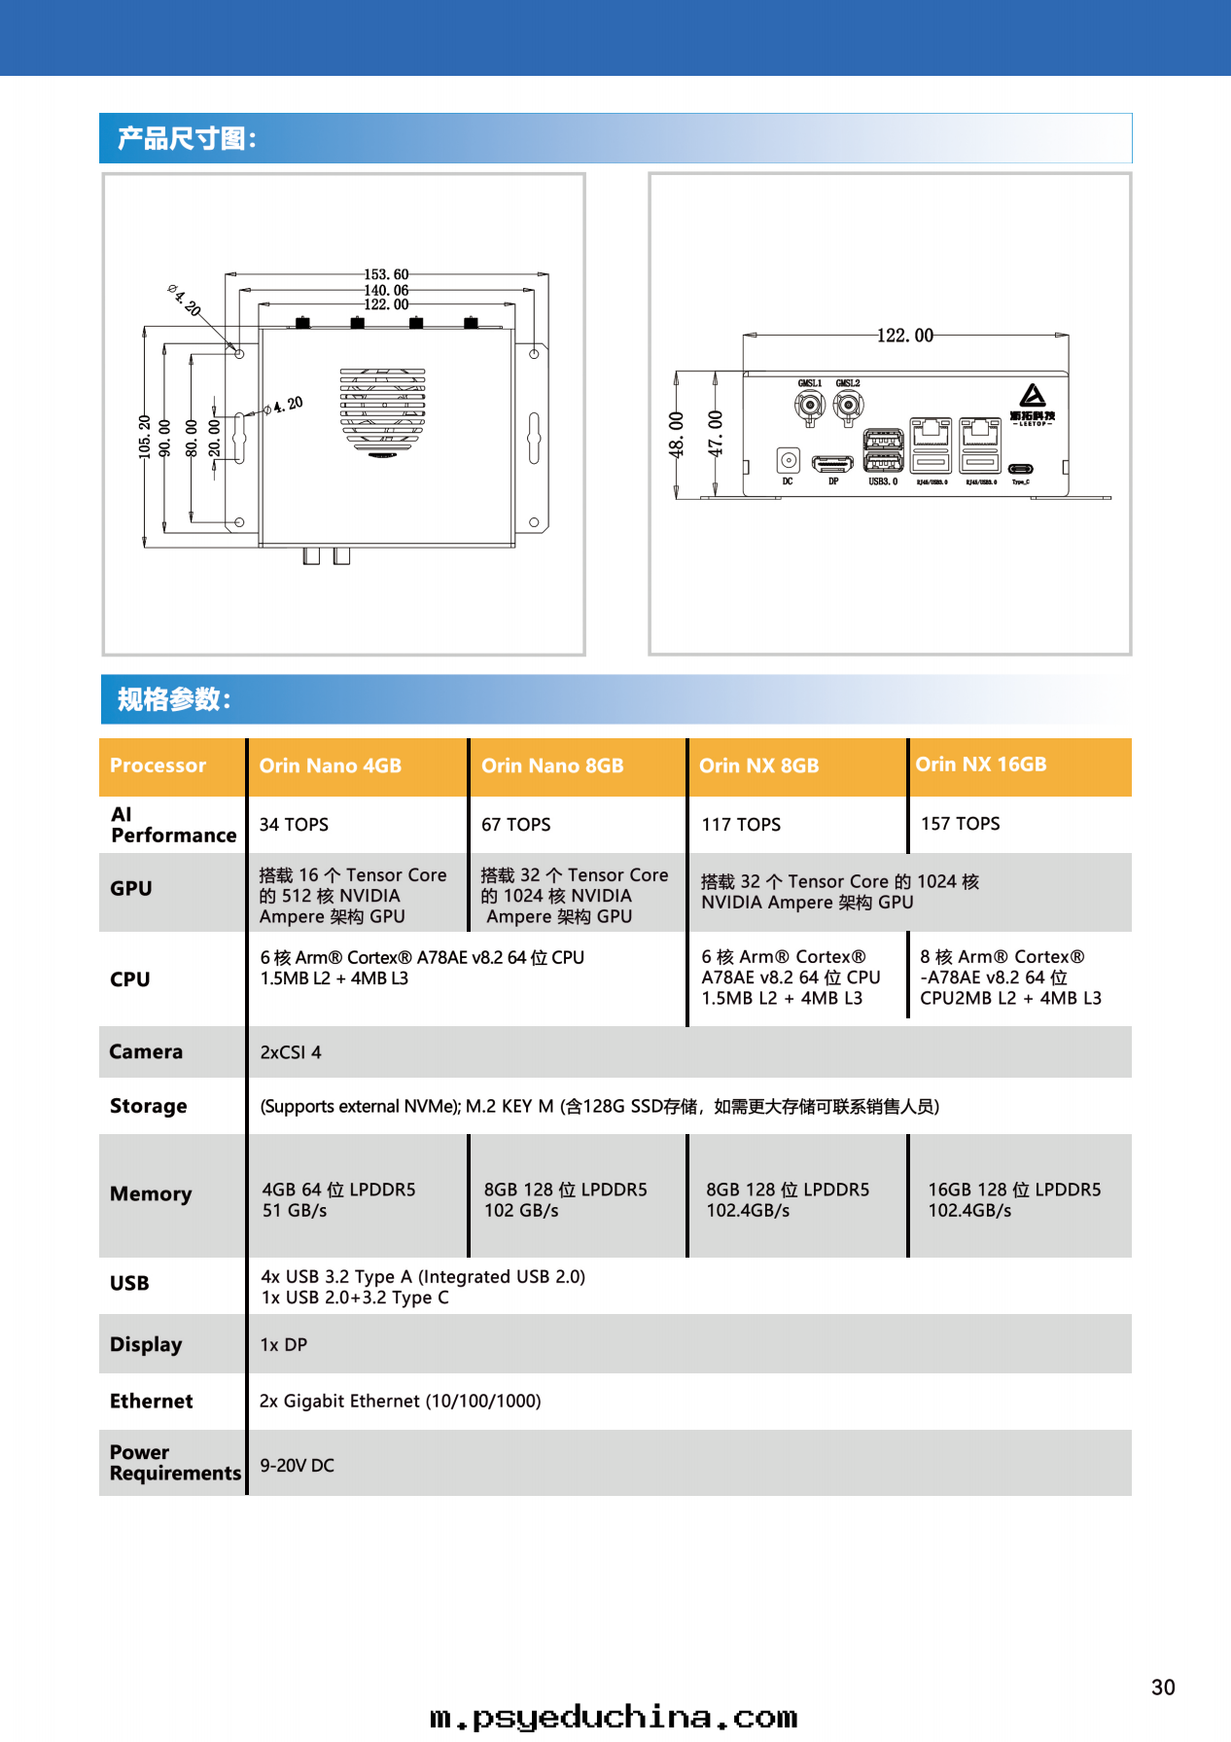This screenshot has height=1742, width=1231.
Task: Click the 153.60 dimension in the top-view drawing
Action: tap(386, 274)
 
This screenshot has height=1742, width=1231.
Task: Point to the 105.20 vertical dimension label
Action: tap(145, 437)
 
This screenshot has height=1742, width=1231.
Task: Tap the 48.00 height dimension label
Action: tap(677, 434)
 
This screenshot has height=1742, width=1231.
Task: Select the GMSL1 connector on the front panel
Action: tap(809, 406)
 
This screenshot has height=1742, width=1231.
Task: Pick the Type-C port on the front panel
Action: tap(1020, 469)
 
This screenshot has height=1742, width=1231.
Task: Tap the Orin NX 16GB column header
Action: tap(980, 764)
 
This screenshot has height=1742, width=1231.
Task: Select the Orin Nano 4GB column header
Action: tap(330, 765)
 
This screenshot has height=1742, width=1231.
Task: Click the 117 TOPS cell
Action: tap(741, 825)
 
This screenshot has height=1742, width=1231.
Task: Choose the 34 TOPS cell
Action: tap(294, 825)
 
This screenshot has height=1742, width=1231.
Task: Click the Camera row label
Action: tap(146, 1051)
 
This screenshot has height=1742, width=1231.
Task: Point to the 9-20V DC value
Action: tap(297, 1466)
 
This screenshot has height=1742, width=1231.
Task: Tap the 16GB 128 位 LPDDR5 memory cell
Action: tap(1014, 1199)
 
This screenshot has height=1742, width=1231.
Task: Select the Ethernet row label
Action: tap(152, 1402)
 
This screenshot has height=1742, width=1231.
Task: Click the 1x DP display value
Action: tap(283, 1345)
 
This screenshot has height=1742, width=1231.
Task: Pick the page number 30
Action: tap(1163, 1688)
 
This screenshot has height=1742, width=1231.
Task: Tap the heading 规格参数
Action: tap(174, 699)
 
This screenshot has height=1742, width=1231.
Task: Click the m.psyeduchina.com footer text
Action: tap(614, 1718)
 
